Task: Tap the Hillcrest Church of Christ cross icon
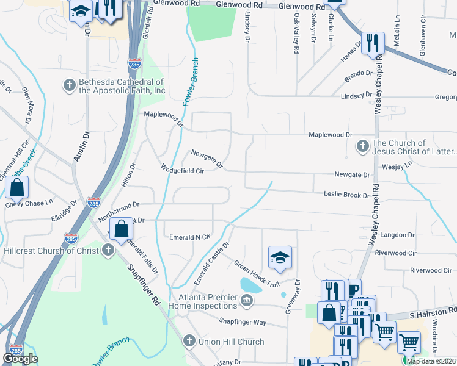tap(108, 250)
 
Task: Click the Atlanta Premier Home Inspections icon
tap(246, 300)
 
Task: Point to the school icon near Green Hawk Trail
tap(280, 257)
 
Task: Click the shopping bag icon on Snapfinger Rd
tap(122, 229)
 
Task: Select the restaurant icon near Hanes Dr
tap(371, 43)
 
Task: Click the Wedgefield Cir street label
tap(181, 171)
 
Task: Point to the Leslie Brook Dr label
tap(346, 195)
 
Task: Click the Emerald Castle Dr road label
tap(211, 264)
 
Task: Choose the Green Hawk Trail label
tap(257, 274)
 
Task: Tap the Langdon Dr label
tap(397, 235)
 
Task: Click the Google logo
tap(20, 359)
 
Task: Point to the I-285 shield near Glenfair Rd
tap(134, 63)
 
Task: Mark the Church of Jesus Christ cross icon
tap(362, 146)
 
